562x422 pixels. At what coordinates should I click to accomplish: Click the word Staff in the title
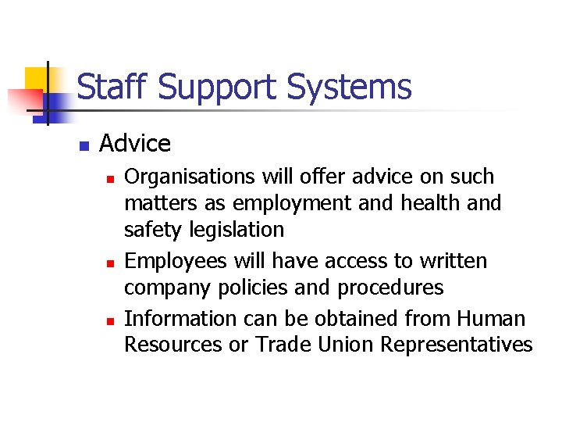[113, 88]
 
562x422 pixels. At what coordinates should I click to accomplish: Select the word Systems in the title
[349, 88]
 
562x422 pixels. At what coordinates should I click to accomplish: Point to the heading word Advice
[135, 144]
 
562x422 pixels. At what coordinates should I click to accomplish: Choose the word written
[449, 260]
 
